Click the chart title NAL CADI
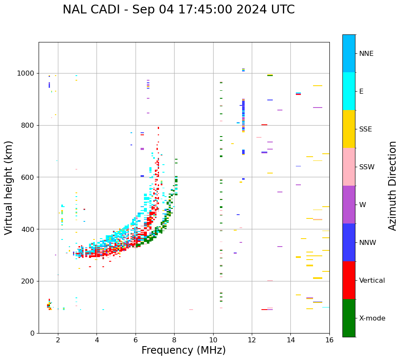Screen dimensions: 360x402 pyautogui.click(x=178, y=10)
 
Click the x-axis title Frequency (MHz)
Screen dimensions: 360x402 pyautogui.click(x=183, y=350)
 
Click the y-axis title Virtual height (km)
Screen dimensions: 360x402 pyautogui.click(x=9, y=187)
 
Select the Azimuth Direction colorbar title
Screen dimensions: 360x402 pyautogui.click(x=392, y=185)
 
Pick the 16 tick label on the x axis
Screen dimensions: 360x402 pyautogui.click(x=329, y=340)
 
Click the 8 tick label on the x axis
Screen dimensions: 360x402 pyautogui.click(x=174, y=340)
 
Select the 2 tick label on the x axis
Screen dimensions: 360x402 pyautogui.click(x=58, y=340)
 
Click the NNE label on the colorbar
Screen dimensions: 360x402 pyautogui.click(x=366, y=54)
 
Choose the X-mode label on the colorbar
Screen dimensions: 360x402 pyautogui.click(x=372, y=318)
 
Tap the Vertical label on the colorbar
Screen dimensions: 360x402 pyautogui.click(x=372, y=281)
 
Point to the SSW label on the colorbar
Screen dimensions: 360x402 pyautogui.click(x=367, y=167)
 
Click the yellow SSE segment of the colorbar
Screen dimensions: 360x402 pyautogui.click(x=349, y=129)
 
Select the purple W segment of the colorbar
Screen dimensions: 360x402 pyautogui.click(x=349, y=205)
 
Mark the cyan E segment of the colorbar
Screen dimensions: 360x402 pyautogui.click(x=349, y=91)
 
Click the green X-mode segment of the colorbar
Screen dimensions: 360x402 pyautogui.click(x=349, y=318)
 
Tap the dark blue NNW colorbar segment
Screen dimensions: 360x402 pyautogui.click(x=349, y=242)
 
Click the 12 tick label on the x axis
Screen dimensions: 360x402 pyautogui.click(x=252, y=340)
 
